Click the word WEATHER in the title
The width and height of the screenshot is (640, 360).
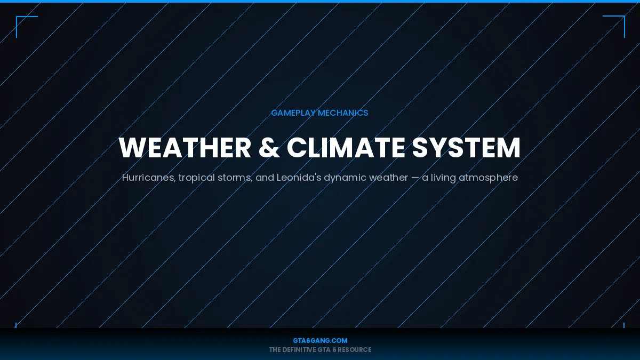(x=185, y=148)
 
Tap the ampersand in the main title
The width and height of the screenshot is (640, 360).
(x=269, y=148)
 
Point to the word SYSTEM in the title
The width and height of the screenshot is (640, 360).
(x=466, y=148)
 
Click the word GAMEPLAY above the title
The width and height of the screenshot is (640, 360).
(x=293, y=113)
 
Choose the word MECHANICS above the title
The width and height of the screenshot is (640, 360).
(x=343, y=113)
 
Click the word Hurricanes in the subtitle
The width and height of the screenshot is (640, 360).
(x=148, y=178)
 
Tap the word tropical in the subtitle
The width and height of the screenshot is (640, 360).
(x=196, y=178)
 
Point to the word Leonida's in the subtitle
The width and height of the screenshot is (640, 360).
(x=299, y=178)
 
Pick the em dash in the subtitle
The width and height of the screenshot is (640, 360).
(x=415, y=178)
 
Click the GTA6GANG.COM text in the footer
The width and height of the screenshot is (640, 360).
(x=320, y=340)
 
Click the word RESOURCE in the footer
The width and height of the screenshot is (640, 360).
(x=354, y=350)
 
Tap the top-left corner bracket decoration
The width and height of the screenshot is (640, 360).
(x=21, y=21)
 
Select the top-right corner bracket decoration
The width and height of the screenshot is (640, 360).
(x=619, y=21)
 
